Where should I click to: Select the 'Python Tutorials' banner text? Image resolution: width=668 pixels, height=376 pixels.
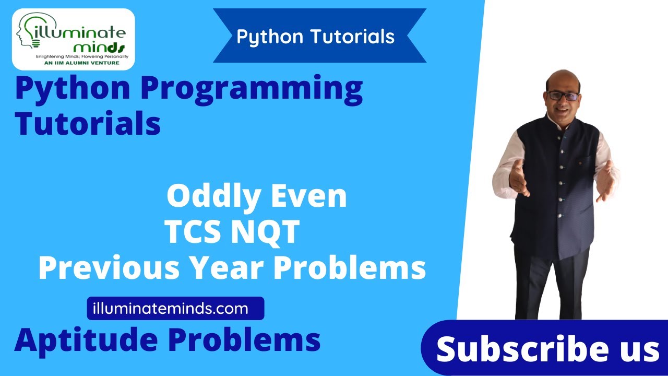tap(315, 37)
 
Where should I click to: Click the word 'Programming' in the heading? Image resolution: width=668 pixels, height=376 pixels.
tap(252, 89)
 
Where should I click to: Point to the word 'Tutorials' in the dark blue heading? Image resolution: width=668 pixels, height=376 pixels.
tap(88, 124)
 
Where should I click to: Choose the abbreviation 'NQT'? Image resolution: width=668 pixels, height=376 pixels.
tap(266, 232)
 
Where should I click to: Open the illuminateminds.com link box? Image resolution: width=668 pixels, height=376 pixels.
tap(175, 309)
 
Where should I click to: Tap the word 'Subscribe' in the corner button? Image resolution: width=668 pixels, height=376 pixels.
tap(514, 349)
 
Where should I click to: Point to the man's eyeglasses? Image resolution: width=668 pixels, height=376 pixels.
tap(562, 96)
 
